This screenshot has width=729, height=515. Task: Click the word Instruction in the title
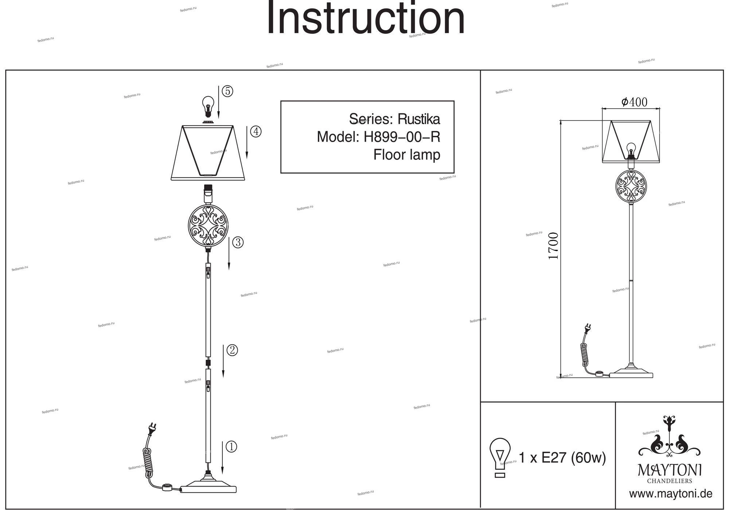pyautogui.click(x=366, y=18)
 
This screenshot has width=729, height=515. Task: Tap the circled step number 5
pyautogui.click(x=227, y=91)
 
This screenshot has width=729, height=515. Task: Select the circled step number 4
pyautogui.click(x=256, y=131)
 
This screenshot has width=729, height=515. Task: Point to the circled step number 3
pyautogui.click(x=238, y=242)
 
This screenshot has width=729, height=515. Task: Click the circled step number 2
pyautogui.click(x=232, y=350)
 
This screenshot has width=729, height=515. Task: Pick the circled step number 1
pyautogui.click(x=231, y=447)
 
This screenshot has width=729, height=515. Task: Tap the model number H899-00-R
pyautogui.click(x=402, y=137)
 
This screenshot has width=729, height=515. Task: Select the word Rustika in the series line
pyautogui.click(x=418, y=119)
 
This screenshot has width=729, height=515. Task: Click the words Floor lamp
pyautogui.click(x=406, y=155)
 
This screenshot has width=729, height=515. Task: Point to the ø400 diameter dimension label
pyautogui.click(x=634, y=102)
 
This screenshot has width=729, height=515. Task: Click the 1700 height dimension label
pyautogui.click(x=553, y=246)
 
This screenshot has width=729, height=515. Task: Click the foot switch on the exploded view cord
pyautogui.click(x=167, y=487)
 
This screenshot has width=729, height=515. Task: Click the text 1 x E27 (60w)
pyautogui.click(x=562, y=457)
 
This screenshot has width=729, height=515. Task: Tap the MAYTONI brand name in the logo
pyautogui.click(x=670, y=470)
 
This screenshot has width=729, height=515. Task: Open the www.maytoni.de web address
pyautogui.click(x=671, y=494)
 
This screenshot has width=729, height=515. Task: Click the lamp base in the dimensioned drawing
pyautogui.click(x=632, y=373)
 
